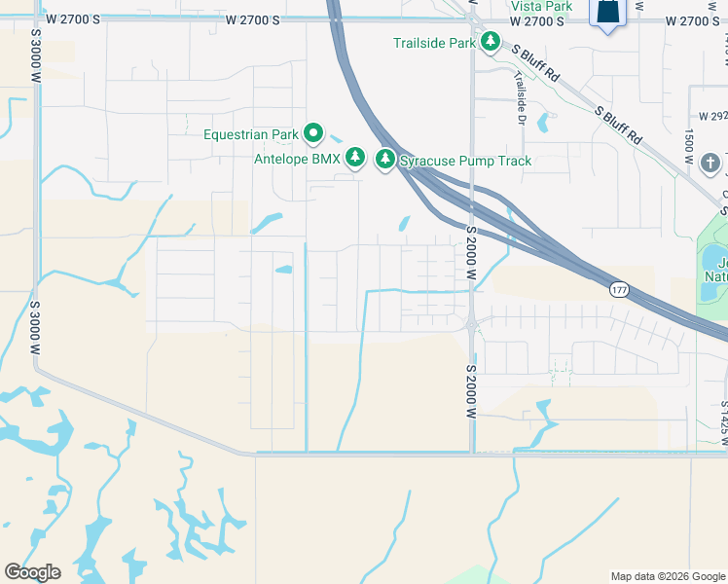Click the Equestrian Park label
click(x=251, y=134)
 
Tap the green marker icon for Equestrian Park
click(x=312, y=132)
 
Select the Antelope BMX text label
click(x=297, y=158)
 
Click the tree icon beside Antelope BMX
click(x=355, y=158)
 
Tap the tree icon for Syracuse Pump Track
click(x=385, y=158)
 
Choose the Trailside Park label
click(x=434, y=43)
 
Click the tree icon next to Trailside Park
click(x=491, y=42)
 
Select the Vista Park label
click(x=541, y=6)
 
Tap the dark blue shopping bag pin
click(x=607, y=13)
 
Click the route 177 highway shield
click(x=620, y=290)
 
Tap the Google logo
click(x=32, y=572)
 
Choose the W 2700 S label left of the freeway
click(x=252, y=19)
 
